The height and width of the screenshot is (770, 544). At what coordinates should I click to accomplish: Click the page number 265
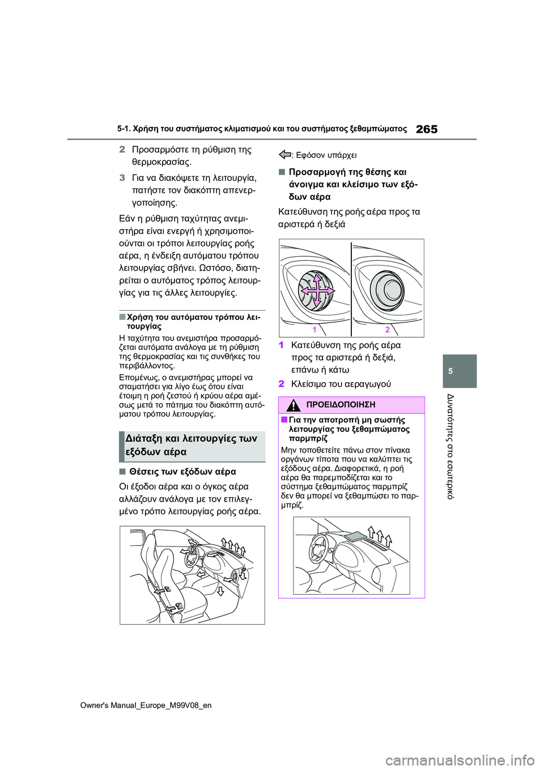(426, 129)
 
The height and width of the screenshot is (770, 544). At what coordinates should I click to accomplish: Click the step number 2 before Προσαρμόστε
(122, 150)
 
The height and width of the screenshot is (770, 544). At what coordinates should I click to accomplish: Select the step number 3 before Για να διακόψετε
(122, 177)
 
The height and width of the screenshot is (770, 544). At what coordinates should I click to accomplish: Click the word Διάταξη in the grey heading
(144, 438)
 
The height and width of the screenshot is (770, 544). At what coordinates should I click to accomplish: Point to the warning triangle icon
(294, 405)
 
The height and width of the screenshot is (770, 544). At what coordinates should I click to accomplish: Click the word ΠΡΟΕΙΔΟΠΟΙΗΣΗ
(341, 405)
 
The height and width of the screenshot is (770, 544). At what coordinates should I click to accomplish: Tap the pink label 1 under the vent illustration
(314, 329)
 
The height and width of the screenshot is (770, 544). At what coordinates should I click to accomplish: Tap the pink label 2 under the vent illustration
(388, 329)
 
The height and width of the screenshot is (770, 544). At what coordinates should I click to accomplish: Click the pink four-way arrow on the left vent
(317, 290)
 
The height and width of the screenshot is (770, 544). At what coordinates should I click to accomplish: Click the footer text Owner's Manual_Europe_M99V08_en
(146, 705)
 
